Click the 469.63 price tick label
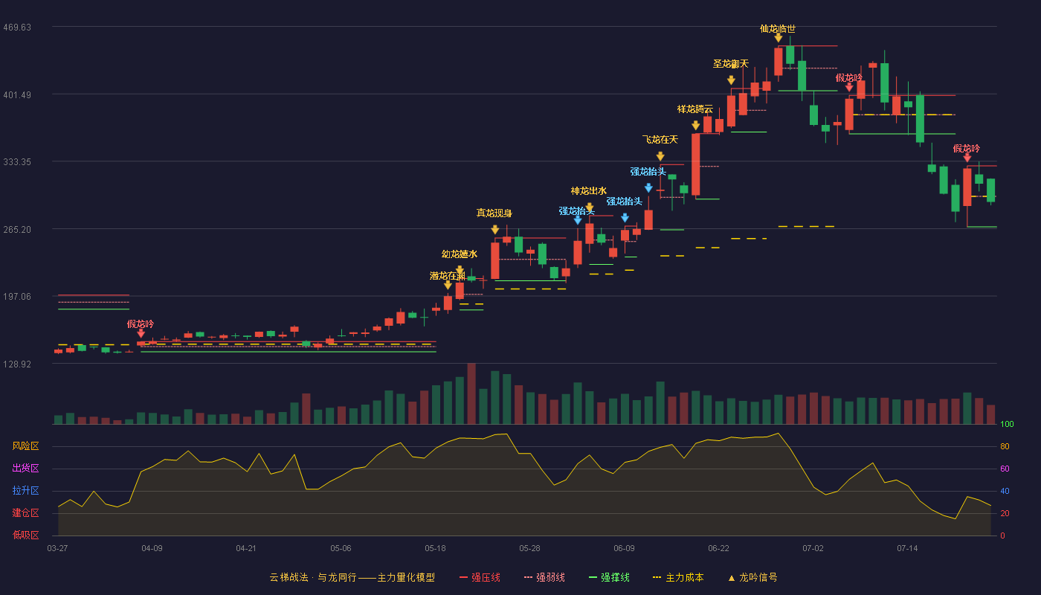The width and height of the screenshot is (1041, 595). coord(17,28)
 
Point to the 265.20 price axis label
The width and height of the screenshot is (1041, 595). coord(17,230)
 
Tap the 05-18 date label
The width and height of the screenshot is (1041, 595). coord(435,549)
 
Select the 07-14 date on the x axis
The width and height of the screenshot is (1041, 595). coord(907,549)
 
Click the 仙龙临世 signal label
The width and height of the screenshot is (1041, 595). coord(778,29)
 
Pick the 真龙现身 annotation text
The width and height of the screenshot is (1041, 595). coord(494,213)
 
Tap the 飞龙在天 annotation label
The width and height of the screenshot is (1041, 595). coord(660,140)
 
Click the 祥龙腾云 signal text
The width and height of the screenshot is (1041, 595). coord(694,109)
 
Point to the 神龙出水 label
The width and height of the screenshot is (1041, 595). coord(588,191)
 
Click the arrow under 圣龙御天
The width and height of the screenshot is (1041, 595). coord(731,80)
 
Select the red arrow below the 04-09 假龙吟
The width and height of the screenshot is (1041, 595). coord(141,333)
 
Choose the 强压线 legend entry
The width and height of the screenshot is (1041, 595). coord(480,577)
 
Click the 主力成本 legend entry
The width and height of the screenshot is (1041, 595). coord(678,577)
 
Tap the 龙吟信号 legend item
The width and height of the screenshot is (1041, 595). coord(752,577)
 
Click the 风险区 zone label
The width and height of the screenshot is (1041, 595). coord(25,446)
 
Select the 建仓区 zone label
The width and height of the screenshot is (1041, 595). coord(25,513)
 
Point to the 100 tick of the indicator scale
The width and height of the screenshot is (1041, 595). coord(1007,424)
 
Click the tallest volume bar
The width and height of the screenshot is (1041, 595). coord(471,393)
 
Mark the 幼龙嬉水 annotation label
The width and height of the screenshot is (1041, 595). coord(460,254)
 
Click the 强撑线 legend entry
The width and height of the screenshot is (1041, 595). coord(609,577)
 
